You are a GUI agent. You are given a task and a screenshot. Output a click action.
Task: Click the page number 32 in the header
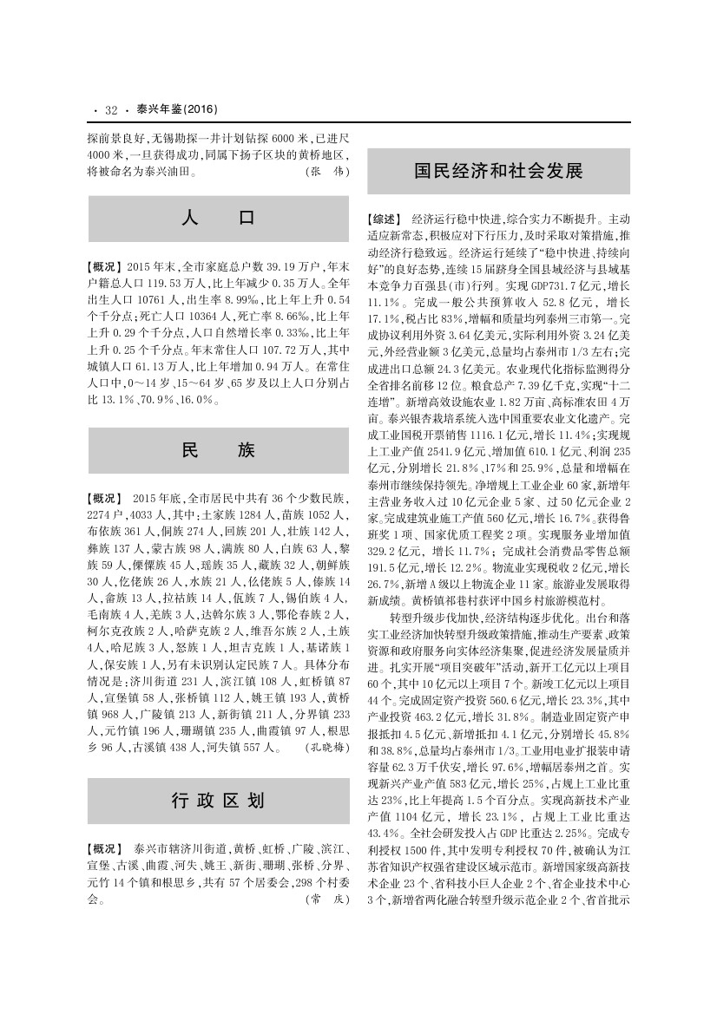point(110,110)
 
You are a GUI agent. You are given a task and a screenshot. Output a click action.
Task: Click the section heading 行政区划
point(219,799)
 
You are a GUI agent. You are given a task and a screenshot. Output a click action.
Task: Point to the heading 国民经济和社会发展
point(497,169)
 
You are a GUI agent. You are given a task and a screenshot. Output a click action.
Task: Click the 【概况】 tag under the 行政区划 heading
point(105,847)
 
